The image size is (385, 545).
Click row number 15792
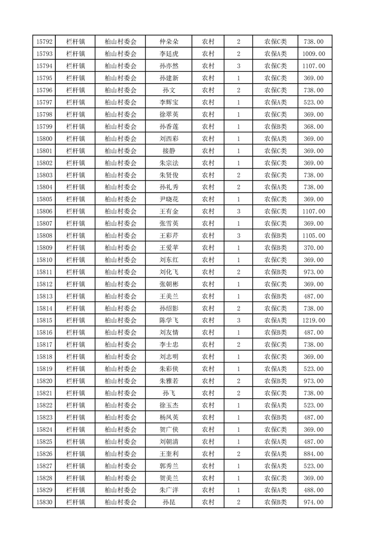tap(45, 42)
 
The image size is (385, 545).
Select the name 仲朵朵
tap(169, 42)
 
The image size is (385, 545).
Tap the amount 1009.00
tap(313, 54)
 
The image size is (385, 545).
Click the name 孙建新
tap(169, 78)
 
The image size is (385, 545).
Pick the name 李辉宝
tap(169, 102)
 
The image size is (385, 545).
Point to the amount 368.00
tap(313, 126)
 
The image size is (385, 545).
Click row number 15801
tap(45, 151)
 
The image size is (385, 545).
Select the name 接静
tap(169, 151)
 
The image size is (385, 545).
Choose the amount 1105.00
tap(313, 236)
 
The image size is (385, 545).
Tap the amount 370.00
tap(313, 248)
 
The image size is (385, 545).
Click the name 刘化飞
tap(169, 272)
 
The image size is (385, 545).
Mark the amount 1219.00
tap(313, 321)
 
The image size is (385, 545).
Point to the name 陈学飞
tap(169, 321)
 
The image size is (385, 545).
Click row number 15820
tap(45, 381)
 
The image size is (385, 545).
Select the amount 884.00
tap(313, 454)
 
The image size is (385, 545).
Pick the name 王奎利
tap(169, 454)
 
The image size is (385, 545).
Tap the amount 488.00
tap(313, 490)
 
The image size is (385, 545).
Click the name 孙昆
tap(169, 502)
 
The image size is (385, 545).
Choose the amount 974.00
tap(313, 502)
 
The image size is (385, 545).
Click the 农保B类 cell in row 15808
tap(275, 236)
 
